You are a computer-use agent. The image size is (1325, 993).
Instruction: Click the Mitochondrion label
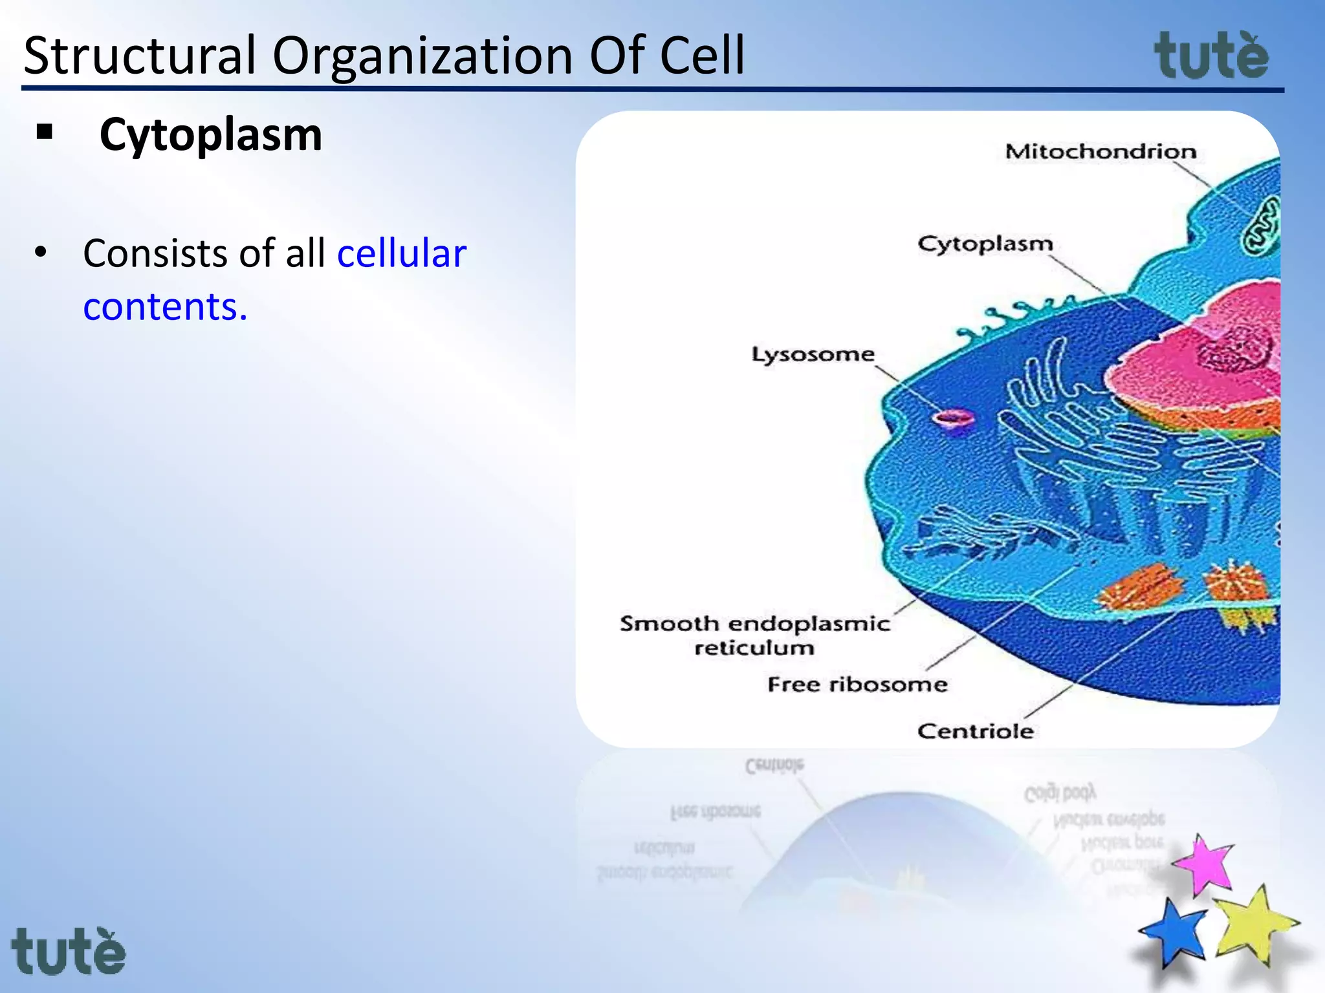(x=1101, y=152)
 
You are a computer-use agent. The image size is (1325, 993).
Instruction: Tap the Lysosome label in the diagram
(x=813, y=354)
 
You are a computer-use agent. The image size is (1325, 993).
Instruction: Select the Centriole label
(x=975, y=731)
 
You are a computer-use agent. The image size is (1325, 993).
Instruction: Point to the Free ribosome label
(x=857, y=684)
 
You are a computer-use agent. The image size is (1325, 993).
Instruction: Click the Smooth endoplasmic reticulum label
(x=754, y=635)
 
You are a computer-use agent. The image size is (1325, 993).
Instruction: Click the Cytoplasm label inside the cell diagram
(x=985, y=244)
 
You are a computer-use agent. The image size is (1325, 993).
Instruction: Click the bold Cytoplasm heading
(x=210, y=134)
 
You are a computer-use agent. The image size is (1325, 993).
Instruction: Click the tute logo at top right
(x=1211, y=56)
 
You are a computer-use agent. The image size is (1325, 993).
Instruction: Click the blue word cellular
(x=401, y=253)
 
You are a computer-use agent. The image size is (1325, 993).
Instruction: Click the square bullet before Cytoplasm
(x=45, y=133)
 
